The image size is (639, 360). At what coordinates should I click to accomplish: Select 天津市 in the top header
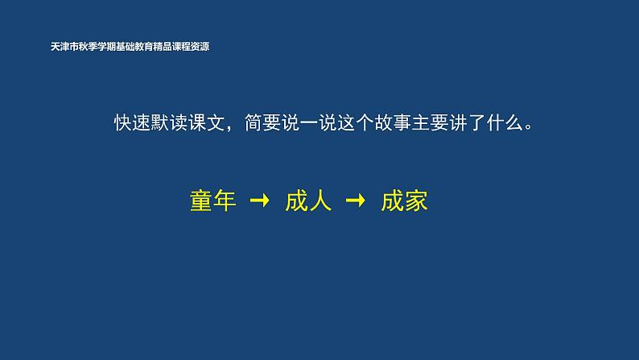[64, 47]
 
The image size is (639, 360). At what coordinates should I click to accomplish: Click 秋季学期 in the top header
[98, 47]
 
